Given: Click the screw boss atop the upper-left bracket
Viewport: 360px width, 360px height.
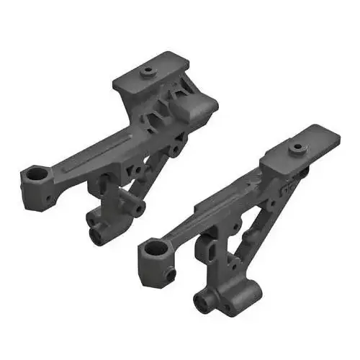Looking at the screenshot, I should [148, 71].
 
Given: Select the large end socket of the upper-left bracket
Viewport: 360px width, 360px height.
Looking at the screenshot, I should [33, 175].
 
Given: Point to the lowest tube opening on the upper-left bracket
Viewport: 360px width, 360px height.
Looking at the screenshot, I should [96, 233].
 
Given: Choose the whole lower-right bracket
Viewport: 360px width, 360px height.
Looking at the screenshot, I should [238, 223].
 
